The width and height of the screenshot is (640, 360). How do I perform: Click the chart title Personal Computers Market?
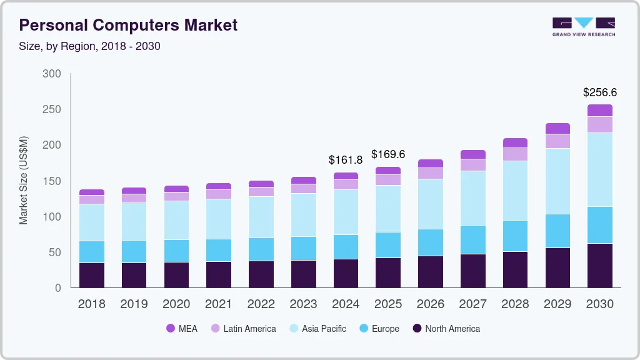128,26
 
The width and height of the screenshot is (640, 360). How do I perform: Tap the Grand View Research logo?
583,26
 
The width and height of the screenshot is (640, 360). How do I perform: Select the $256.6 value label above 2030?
600,92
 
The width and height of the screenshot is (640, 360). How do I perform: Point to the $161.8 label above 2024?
346,160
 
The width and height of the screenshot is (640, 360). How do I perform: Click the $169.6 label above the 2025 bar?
388,154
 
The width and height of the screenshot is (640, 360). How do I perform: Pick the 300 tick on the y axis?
52,74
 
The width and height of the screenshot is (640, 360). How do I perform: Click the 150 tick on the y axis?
52,181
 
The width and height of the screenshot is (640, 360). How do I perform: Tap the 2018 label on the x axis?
91,304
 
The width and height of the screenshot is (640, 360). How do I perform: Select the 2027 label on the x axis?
472,304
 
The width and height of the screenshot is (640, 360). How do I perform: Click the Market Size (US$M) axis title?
24,180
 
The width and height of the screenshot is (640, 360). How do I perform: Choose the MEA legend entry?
181,329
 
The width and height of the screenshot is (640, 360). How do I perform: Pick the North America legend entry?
446,329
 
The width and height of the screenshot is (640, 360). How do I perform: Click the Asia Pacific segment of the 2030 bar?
600,170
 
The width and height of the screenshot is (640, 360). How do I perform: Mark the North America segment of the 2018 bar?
92,275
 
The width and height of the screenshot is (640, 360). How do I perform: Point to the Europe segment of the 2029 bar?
557,231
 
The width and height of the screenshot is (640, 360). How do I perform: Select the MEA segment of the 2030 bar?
600,110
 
